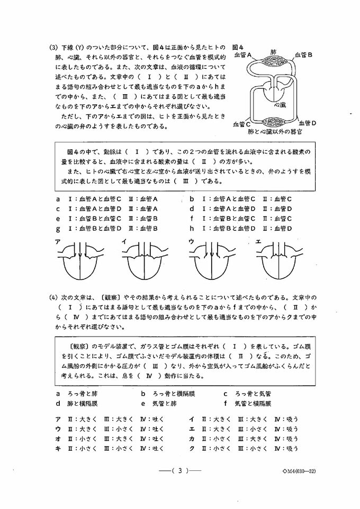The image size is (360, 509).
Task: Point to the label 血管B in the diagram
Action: [x=303, y=54]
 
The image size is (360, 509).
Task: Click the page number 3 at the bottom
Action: [x=180, y=471]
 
